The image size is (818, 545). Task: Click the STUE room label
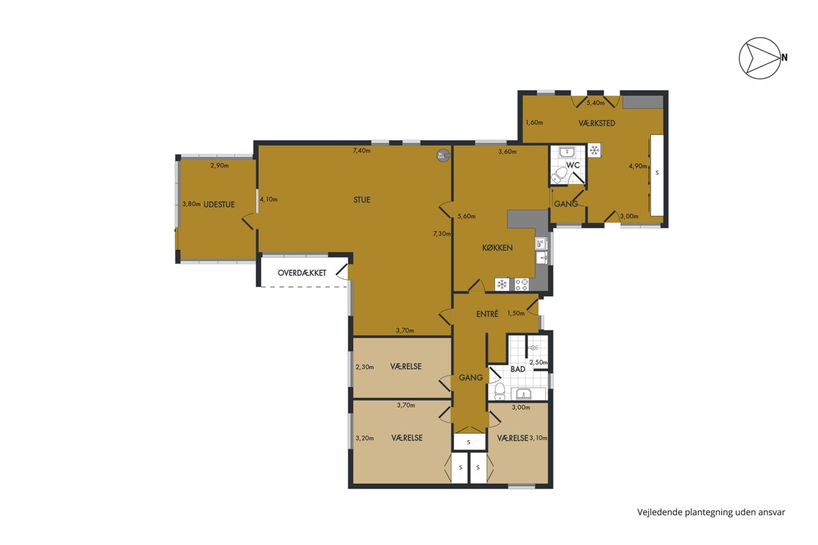tap(361, 200)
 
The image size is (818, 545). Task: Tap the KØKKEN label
tap(497, 248)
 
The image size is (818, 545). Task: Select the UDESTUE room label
tap(219, 204)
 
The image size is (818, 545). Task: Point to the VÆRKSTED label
tap(596, 123)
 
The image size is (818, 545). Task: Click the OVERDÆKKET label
tap(301, 273)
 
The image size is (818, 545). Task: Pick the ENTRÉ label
tap(487, 314)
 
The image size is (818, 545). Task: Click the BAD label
tap(518, 369)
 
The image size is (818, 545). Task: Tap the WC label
tap(573, 165)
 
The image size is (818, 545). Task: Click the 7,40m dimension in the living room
tap(361, 151)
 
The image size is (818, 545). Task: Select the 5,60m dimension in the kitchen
tap(466, 216)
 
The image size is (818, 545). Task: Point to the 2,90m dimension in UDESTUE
tap(219, 166)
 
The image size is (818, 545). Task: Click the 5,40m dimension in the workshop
tap(595, 103)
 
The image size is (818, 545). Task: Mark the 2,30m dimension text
tap(365, 367)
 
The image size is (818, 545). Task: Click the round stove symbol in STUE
tap(443, 155)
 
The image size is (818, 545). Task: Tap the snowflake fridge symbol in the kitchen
tap(502, 284)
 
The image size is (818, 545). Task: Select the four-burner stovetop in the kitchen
tap(521, 284)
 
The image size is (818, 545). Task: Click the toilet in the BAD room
tap(499, 392)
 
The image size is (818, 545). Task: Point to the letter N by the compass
tap(785, 57)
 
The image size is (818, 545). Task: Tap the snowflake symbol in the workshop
tap(594, 150)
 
